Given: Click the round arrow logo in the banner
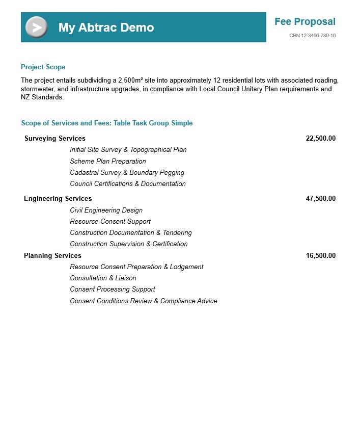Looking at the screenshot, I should pos(37,28).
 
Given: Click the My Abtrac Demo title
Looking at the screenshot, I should pos(106,28).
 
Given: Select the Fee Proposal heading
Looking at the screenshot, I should pos(304,22).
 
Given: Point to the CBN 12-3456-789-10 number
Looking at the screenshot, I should pos(312,36).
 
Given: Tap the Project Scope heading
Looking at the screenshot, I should pos(43,67).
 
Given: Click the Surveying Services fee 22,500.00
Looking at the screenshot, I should pos(320,139).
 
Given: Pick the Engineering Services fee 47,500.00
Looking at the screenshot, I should pos(320,199).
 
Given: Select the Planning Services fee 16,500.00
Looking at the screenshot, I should pos(320,256).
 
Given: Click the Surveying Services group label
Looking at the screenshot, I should pos(55,139).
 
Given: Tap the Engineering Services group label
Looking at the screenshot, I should pos(58,199).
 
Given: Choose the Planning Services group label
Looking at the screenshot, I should pos(53,256).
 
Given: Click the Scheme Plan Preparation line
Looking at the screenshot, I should pos(108,162).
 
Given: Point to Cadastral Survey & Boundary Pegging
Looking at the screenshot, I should pos(127,173).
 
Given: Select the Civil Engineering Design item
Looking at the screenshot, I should pos(106,210).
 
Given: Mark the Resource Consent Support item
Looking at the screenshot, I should pos(110,222).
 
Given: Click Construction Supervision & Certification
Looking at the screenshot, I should pos(129,244).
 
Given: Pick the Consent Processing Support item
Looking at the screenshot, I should pos(113,289).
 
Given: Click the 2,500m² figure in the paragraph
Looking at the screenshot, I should pos(130,81).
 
